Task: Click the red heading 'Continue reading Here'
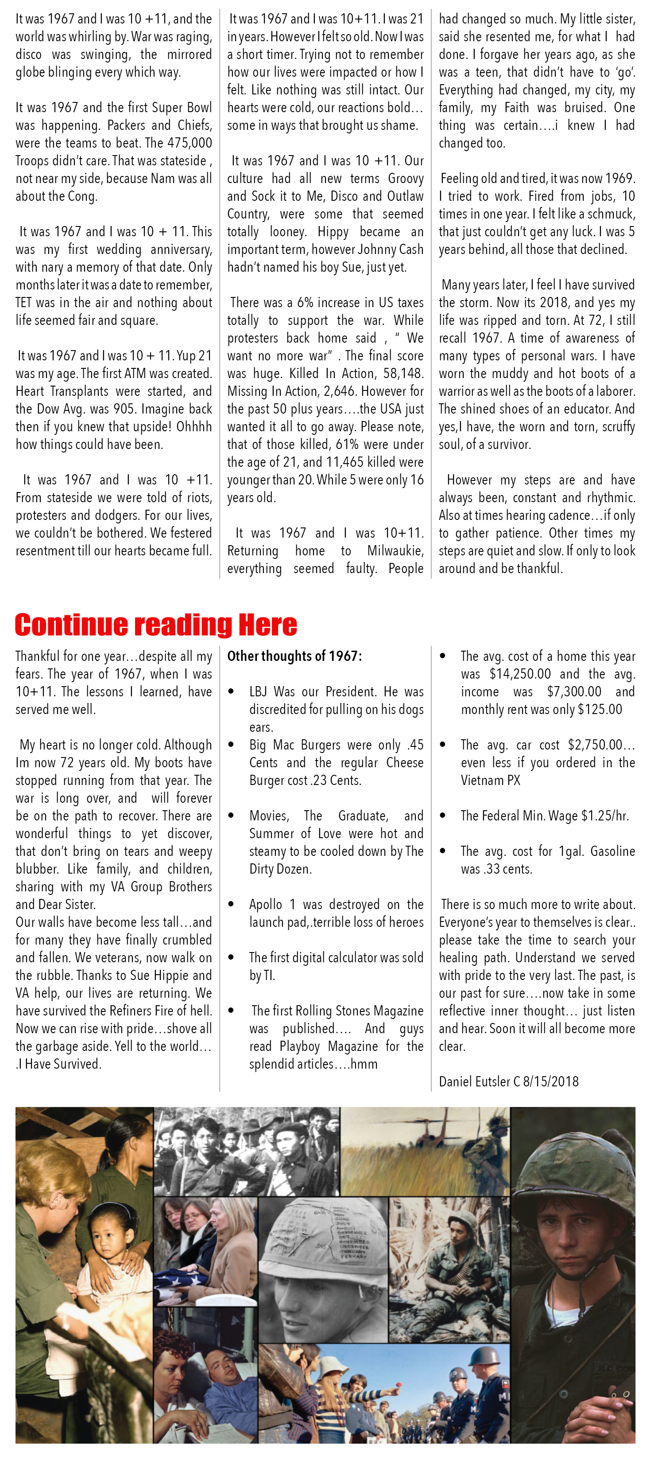[155, 625]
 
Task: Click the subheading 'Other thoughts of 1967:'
[294, 656]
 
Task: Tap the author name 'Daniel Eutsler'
[474, 1081]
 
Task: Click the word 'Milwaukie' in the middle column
[395, 550]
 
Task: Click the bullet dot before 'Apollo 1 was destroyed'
[231, 905]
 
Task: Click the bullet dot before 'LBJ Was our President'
[231, 691]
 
